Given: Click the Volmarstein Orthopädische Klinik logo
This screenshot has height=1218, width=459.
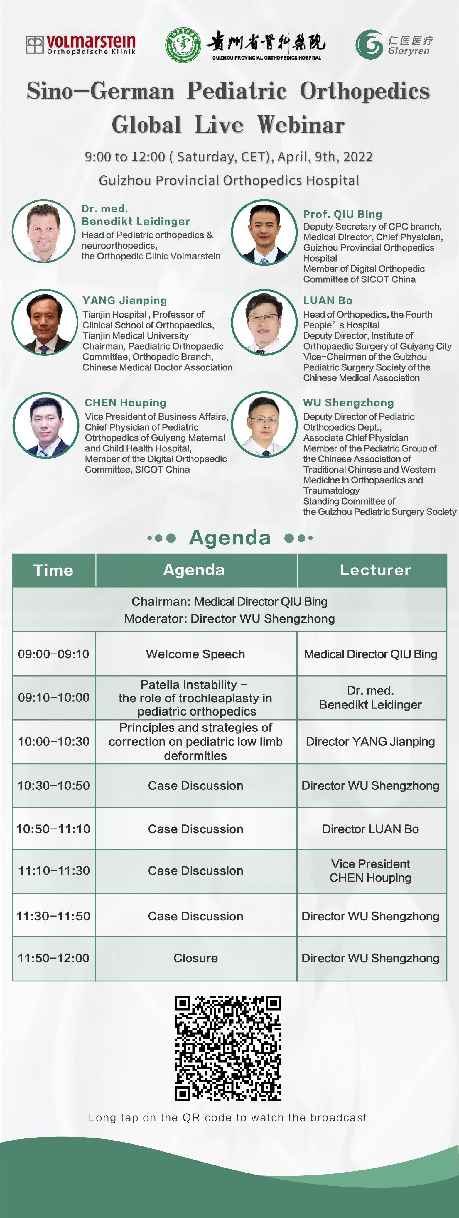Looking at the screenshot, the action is pos(81,44).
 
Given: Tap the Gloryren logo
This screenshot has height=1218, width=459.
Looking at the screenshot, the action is pos(394,44).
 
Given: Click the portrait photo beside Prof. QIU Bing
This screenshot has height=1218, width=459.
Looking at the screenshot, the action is pos(264,232).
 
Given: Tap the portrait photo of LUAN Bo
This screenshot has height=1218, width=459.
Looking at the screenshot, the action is pos(264,322).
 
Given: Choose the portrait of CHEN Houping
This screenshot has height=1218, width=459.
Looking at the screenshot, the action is pos(46,425).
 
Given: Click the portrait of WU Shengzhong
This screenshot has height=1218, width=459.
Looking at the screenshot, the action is pos(264,425).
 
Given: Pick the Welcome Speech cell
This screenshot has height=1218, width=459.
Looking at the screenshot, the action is pos(196,654).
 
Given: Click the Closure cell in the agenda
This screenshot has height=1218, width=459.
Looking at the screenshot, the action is pos(196,958).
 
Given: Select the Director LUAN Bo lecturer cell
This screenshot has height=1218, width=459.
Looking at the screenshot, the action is pos(371,829).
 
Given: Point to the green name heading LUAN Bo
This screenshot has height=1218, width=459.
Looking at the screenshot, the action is pos(328,301).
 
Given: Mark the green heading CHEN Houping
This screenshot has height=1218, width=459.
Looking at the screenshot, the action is pos(125,403).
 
